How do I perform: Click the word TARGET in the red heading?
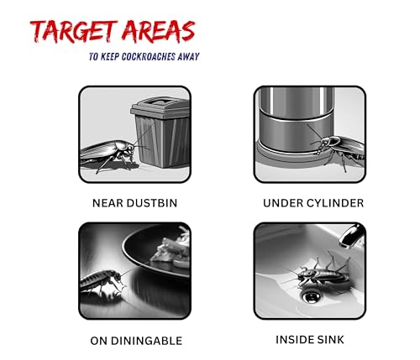pos(73,31)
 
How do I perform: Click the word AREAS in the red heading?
pos(158,31)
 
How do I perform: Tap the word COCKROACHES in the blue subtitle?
pos(144,57)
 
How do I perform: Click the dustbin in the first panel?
pos(160,132)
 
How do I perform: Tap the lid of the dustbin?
pos(160,106)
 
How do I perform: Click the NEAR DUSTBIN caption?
pos(134,203)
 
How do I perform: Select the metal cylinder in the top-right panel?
pos(297,123)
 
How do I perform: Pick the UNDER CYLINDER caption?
pos(313,203)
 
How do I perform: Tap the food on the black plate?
pos(171,250)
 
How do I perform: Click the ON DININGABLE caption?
pos(136,341)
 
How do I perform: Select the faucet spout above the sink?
pos(351,236)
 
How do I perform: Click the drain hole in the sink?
pos(311,296)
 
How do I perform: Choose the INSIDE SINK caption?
pos(310,340)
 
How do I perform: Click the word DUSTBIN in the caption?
pos(152,203)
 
